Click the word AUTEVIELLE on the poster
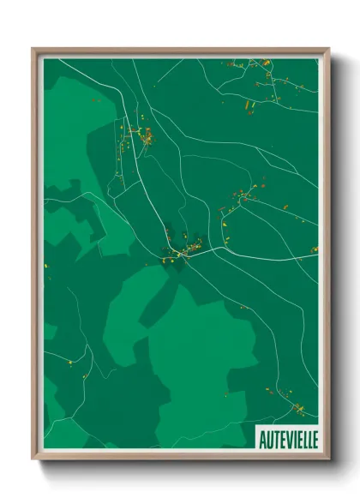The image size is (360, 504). [x=287, y=439]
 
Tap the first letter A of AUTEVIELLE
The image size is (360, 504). [x=261, y=439]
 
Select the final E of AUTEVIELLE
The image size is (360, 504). [x=314, y=439]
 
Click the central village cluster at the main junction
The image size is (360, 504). [x=184, y=251]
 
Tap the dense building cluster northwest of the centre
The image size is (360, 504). [x=141, y=134]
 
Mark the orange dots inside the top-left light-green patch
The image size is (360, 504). [x=96, y=101]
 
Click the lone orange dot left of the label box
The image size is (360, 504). [x=226, y=394]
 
